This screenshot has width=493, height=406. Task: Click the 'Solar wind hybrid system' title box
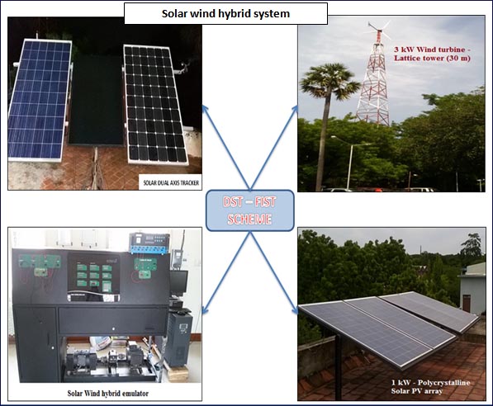(225, 13)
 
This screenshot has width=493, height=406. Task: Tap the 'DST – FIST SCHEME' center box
(250, 210)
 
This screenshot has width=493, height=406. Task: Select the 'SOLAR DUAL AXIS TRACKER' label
(171, 182)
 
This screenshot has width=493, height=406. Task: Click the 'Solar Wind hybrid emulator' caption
(108, 393)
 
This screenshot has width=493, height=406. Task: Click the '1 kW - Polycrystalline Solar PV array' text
(430, 387)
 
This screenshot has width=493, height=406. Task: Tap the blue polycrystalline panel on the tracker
(40, 100)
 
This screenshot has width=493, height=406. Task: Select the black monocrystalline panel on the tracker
(154, 105)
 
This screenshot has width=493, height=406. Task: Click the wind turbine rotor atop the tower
(378, 31)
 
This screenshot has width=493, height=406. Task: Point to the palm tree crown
(329, 80)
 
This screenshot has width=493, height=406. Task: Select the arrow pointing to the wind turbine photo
(274, 148)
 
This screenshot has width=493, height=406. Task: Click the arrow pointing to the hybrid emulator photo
(225, 273)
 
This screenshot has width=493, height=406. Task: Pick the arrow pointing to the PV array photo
(274, 273)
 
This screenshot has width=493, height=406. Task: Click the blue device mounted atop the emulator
(149, 243)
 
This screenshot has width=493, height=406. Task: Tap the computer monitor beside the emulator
(178, 282)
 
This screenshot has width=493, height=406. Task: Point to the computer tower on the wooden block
(179, 339)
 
